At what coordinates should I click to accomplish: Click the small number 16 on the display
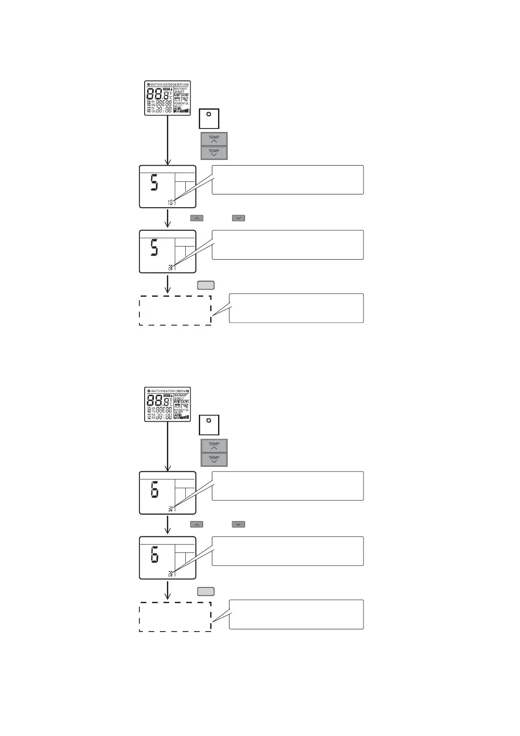(x=170, y=202)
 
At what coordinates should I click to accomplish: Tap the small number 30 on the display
(x=170, y=508)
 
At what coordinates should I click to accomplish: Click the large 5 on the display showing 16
(x=154, y=182)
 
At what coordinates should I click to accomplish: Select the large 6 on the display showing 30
(x=154, y=489)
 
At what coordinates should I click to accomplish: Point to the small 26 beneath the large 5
(x=170, y=267)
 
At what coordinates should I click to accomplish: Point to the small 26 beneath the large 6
(x=170, y=574)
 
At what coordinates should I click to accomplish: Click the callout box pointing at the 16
(x=288, y=180)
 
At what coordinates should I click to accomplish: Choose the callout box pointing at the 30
(x=288, y=486)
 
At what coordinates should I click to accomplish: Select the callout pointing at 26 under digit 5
(x=288, y=245)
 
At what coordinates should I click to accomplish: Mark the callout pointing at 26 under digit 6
(x=288, y=551)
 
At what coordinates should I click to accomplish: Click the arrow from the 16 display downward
(x=168, y=218)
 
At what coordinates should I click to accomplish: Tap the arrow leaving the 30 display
(x=168, y=524)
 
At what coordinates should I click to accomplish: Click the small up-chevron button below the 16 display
(x=197, y=218)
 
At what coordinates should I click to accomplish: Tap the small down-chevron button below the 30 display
(x=238, y=524)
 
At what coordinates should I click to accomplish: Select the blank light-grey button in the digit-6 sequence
(x=206, y=591)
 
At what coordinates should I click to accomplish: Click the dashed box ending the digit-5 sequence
(x=175, y=310)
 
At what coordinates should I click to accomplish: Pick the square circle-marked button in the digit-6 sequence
(x=209, y=424)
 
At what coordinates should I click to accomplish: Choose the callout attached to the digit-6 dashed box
(x=296, y=614)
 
